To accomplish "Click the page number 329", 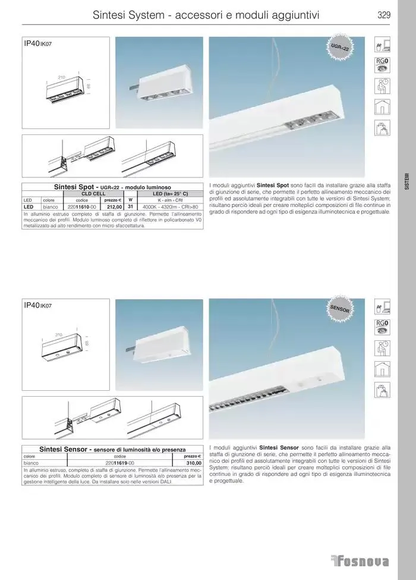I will click(383, 16).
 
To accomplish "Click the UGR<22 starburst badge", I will click(341, 50).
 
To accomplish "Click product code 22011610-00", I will click(81, 206).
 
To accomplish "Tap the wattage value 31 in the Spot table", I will click(130, 206).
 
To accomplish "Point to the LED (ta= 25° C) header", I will click(170, 194).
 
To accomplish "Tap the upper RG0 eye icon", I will click(382, 64).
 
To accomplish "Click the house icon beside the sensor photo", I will click(382, 369).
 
